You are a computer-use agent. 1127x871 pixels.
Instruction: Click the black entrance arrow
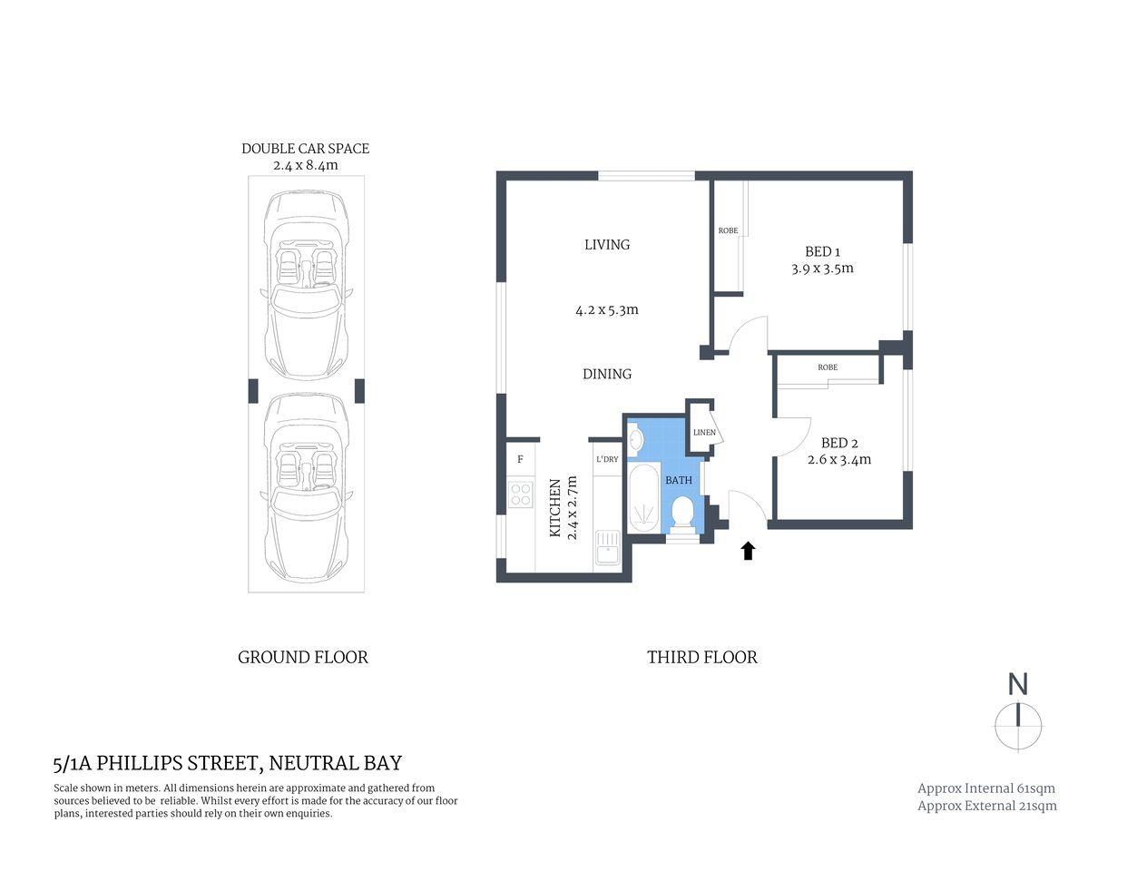pos(748,550)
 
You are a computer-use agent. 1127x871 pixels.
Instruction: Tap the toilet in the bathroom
pos(682,513)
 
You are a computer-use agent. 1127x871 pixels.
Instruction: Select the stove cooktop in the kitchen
pos(521,494)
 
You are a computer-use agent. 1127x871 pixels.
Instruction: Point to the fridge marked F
pos(521,460)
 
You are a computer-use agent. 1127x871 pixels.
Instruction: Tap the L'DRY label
pos(607,459)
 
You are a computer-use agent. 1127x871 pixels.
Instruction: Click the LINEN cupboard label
pos(704,432)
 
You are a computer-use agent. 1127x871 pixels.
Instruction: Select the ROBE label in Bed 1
pos(728,230)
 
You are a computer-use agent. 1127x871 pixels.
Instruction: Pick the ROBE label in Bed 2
pos(828,367)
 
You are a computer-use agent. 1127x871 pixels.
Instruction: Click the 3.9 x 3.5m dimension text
pos(822,269)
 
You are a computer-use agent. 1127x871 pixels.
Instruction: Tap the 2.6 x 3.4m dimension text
pos(839,460)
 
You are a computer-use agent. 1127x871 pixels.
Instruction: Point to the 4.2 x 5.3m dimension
pos(607,310)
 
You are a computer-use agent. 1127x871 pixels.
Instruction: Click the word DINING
pos(607,374)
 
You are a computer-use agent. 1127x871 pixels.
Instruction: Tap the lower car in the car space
pos(307,490)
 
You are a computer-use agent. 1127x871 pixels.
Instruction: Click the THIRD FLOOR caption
pos(701,657)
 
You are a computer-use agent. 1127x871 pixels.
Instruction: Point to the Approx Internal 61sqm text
pos(986,788)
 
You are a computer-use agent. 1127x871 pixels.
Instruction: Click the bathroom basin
pos(636,441)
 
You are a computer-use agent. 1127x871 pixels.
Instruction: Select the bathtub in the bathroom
pos(643,500)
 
